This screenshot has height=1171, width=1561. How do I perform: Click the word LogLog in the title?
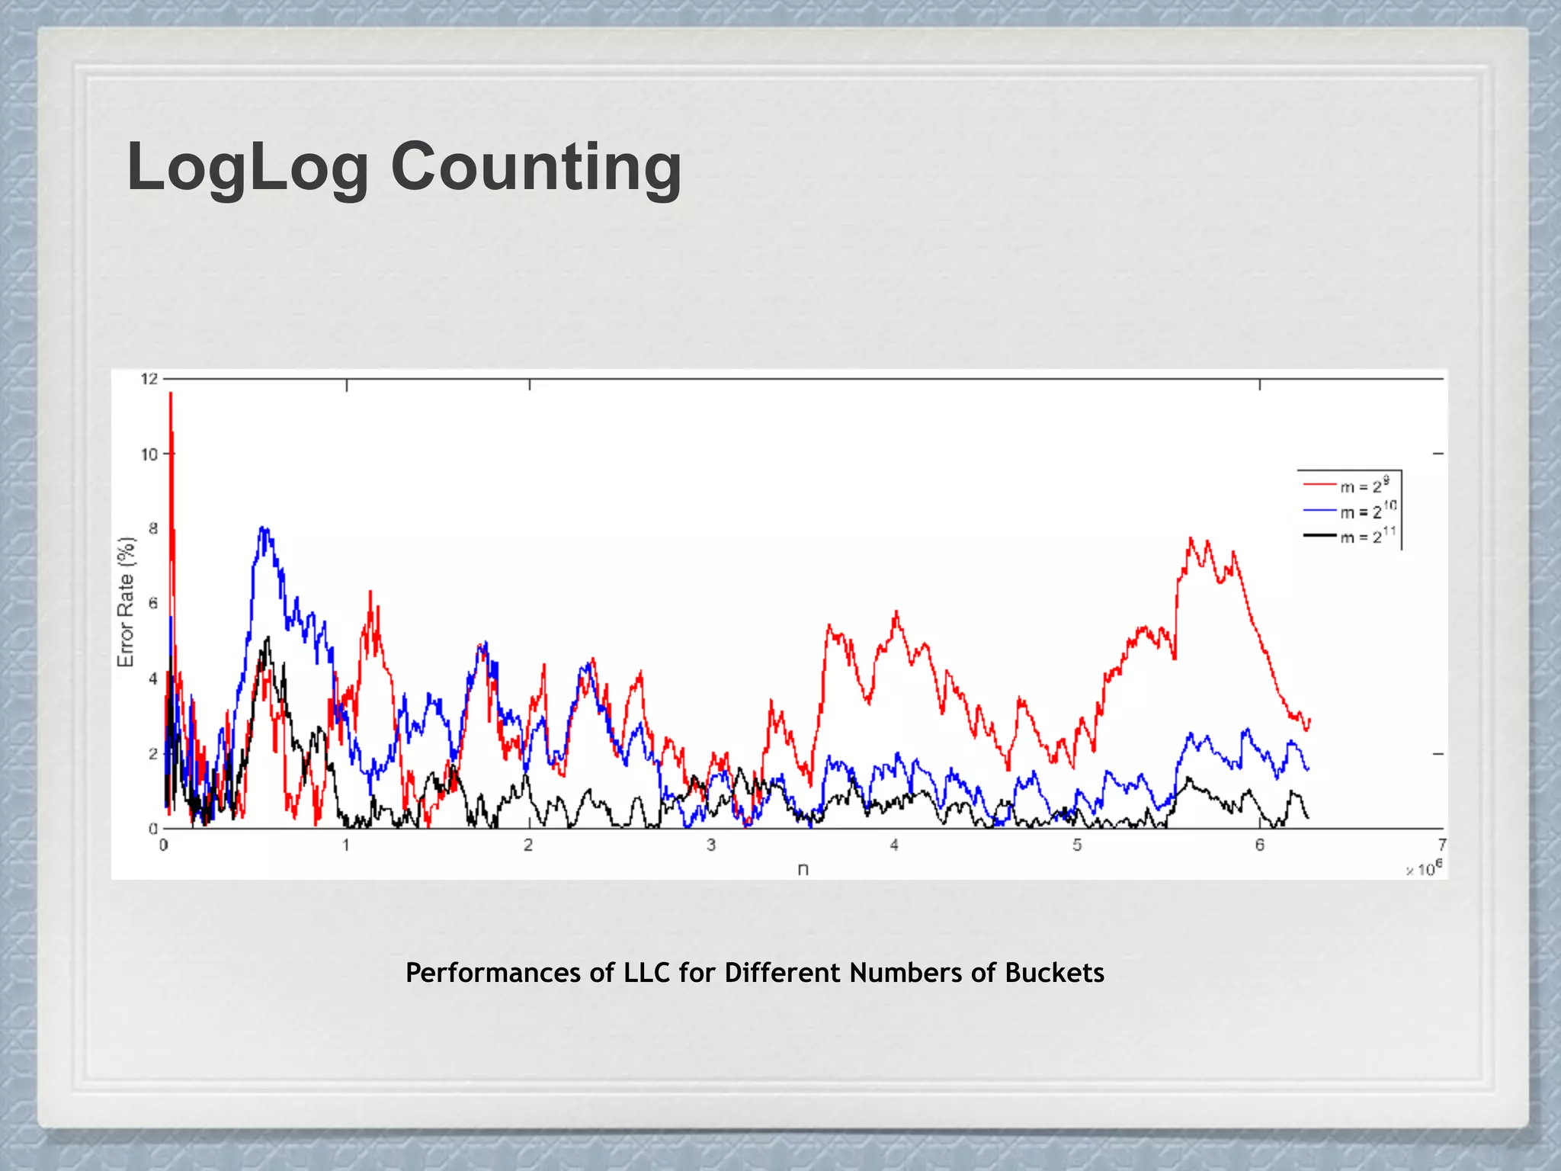[x=248, y=168]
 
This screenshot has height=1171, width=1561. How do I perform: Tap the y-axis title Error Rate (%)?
[x=126, y=602]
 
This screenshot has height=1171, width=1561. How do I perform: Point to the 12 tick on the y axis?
[x=149, y=379]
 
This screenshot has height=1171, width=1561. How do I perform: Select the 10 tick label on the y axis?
[x=149, y=454]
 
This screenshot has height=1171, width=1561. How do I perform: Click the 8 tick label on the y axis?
[x=153, y=528]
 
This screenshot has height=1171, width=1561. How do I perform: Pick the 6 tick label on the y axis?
[x=153, y=603]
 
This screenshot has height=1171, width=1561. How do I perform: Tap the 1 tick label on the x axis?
[x=346, y=845]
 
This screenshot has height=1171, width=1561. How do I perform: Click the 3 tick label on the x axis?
[x=711, y=845]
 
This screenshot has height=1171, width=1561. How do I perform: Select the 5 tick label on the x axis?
[x=1077, y=845]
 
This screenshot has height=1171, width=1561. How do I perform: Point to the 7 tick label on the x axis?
[x=1442, y=845]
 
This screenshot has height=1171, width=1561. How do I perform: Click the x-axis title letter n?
[x=803, y=869]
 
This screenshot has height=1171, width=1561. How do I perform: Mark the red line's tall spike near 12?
[x=171, y=396]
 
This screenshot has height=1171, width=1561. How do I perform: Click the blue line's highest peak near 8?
[x=263, y=529]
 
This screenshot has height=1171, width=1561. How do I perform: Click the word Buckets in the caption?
[x=1054, y=973]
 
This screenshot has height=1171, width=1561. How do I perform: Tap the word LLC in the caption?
[x=647, y=973]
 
